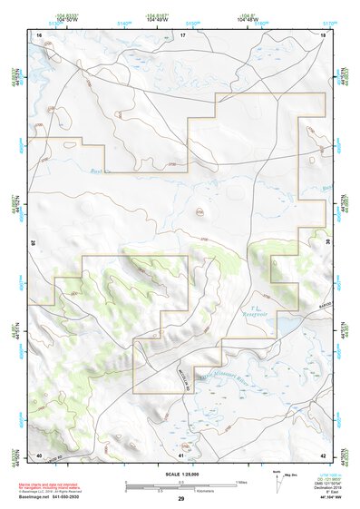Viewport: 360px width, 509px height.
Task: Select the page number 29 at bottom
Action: coord(180,499)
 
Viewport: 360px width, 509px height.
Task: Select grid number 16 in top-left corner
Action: coord(39,34)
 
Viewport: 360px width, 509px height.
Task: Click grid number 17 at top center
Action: coord(181,34)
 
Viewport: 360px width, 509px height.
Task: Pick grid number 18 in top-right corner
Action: coord(324,34)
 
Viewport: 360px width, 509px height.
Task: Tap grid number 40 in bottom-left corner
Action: coord(39,454)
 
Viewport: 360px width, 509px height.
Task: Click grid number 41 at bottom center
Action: coord(181,454)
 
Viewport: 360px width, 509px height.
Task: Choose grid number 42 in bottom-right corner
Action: coord(324,454)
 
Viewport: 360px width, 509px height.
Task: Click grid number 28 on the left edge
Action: coord(34,243)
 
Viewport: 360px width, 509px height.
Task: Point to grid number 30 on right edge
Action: coord(327,243)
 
